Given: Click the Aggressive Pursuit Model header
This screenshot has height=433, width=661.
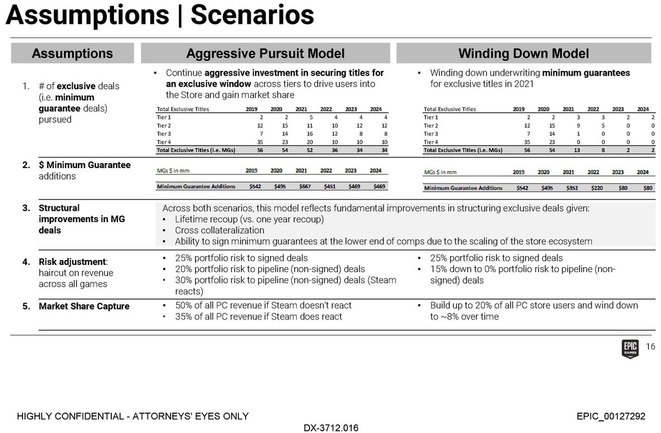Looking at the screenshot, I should (266, 53).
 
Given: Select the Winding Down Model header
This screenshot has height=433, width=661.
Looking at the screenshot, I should (524, 53).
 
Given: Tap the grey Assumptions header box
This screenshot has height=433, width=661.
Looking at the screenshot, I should (72, 53).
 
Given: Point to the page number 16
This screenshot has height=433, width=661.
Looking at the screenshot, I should (650, 347).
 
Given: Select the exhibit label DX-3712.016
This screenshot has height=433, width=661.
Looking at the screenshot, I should (330, 427).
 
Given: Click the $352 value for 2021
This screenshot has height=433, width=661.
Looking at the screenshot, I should (568, 188).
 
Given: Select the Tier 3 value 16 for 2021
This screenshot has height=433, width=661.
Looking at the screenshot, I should (301, 133).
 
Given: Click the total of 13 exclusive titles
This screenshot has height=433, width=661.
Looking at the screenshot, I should (570, 149).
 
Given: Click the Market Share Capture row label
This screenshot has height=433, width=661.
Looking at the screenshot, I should (84, 306).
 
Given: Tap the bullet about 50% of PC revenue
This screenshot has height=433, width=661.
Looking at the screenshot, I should (258, 305).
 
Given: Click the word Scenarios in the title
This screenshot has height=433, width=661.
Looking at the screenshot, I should (252, 16).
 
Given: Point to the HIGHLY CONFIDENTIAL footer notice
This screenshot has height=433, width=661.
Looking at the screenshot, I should (133, 416).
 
